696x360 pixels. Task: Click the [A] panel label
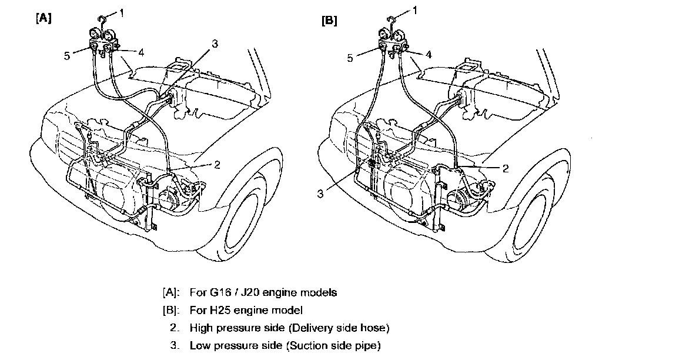(44, 18)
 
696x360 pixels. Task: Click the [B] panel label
(329, 21)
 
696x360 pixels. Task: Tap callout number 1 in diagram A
(122, 12)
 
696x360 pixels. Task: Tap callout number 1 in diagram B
(416, 10)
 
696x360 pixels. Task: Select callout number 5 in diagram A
(68, 56)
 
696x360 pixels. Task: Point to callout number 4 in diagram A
(140, 52)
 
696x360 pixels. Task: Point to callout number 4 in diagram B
(429, 54)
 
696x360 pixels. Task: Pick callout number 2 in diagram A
(217, 165)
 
